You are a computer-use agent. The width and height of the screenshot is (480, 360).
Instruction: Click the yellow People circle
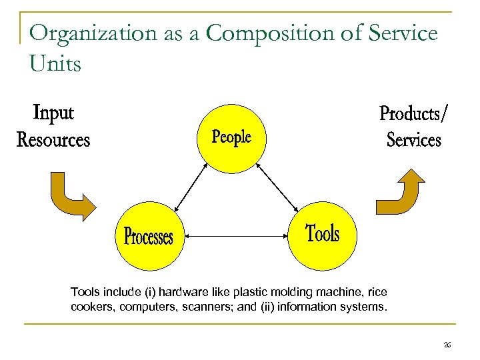[x=231, y=137]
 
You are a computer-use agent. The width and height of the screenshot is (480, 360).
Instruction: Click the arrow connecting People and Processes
[x=189, y=187]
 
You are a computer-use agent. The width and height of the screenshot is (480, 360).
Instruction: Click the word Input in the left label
[x=53, y=113]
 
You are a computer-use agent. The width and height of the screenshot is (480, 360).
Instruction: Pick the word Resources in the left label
[x=53, y=140]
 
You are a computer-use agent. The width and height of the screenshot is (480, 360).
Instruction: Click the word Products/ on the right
[x=413, y=113]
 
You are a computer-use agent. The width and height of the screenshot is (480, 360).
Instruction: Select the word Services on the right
[x=413, y=140]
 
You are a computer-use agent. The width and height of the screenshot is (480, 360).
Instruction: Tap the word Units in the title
[x=55, y=64]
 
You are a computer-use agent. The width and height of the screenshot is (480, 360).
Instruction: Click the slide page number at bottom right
[x=447, y=345]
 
